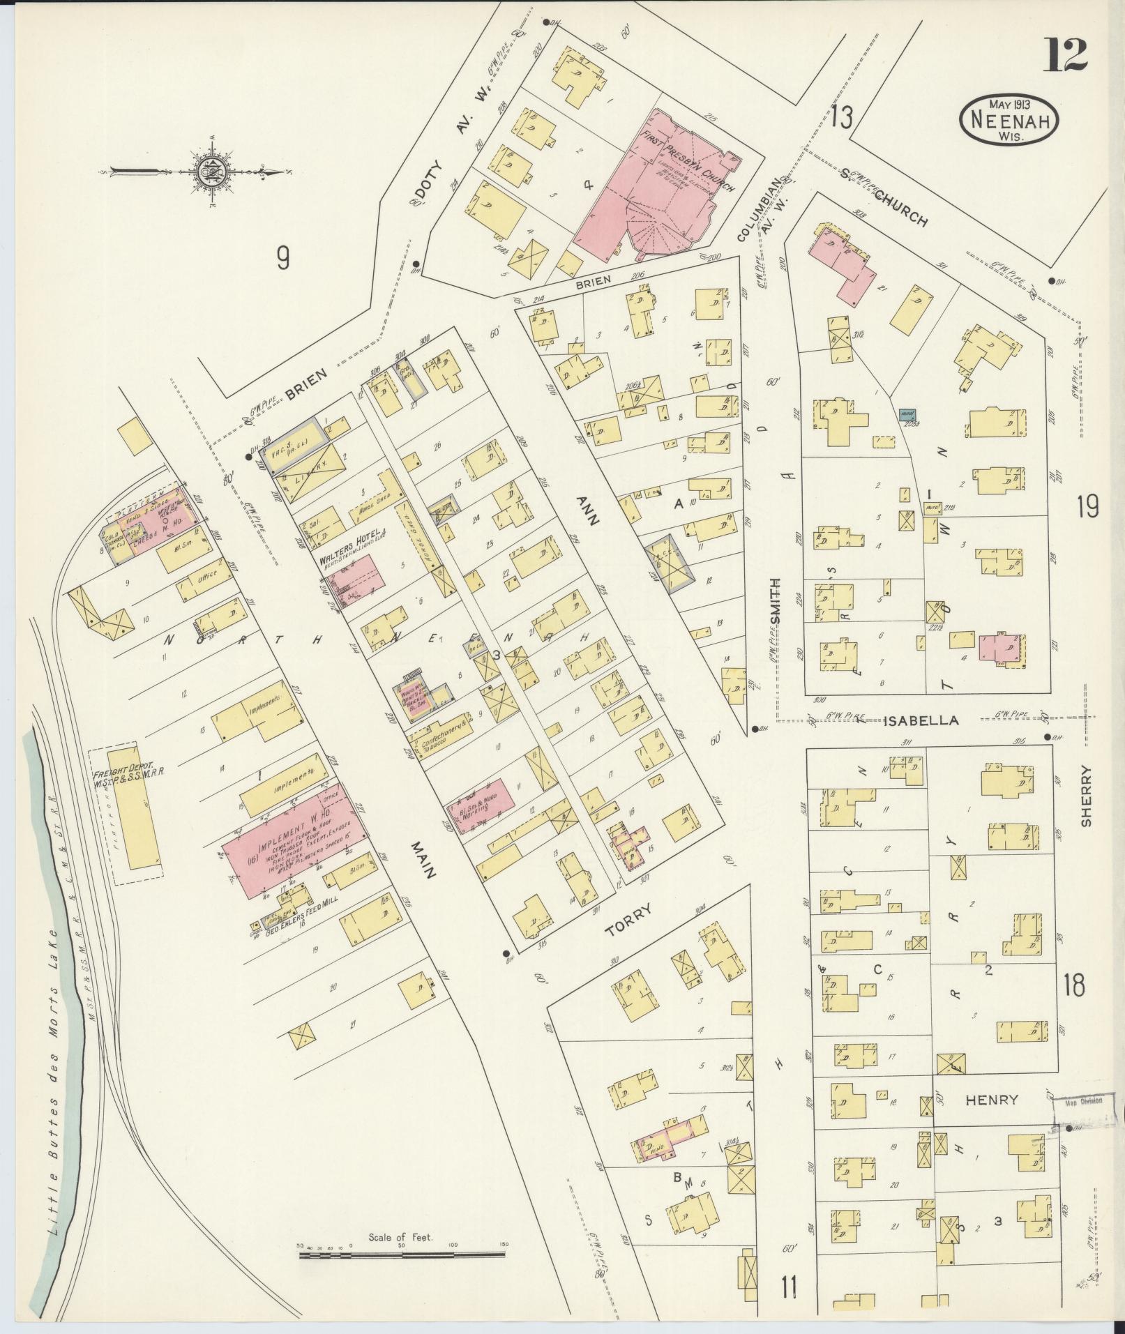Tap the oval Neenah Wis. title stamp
[x=1009, y=120]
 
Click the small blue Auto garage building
[x=907, y=414]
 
